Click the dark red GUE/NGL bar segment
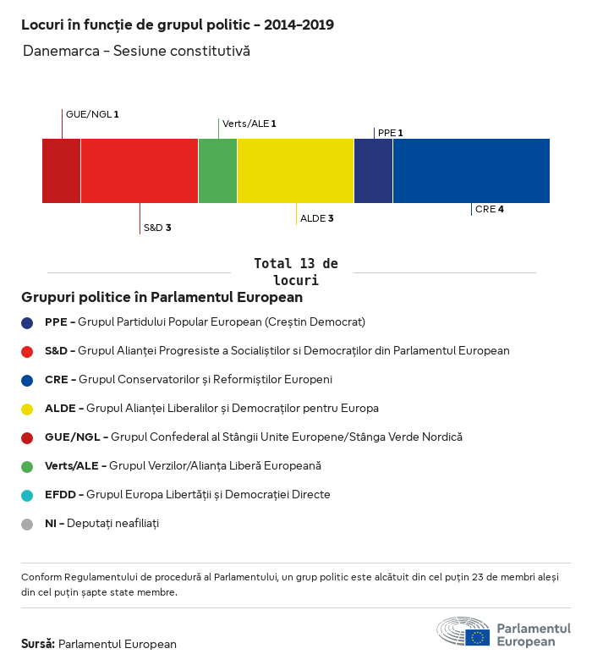(62, 171)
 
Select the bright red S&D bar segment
(140, 171)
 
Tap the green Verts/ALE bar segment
(217, 171)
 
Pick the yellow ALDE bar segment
(295, 171)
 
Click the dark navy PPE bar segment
(373, 171)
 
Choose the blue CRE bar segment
(471, 171)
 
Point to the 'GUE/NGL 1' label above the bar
(92, 113)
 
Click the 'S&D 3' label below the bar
(157, 228)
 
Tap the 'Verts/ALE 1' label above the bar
(249, 124)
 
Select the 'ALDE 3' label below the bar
(317, 218)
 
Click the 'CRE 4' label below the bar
(490, 209)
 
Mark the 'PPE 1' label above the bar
(390, 133)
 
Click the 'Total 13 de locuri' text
(295, 272)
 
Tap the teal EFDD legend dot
(27, 495)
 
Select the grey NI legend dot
(27, 524)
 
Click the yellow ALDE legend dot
(27, 409)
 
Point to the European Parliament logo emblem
(463, 632)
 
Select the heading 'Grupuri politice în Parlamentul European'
(162, 298)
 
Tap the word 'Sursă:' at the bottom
(38, 644)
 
